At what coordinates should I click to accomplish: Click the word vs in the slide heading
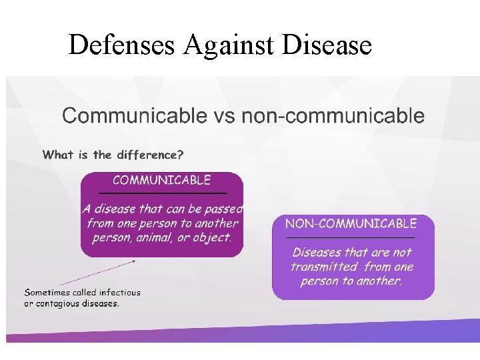pos(224,116)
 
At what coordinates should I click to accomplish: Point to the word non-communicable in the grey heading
pos(333,116)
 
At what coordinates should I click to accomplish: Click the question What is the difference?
pos(113,155)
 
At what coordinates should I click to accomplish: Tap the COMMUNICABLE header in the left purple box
pos(161,180)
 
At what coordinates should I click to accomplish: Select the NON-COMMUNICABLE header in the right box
pos(351,223)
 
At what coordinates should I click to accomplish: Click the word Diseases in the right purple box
pos(319,253)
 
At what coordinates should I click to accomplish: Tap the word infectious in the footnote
pos(119,292)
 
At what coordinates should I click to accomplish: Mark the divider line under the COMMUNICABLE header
pos(162,192)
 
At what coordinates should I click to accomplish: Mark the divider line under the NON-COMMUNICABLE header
pos(351,237)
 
